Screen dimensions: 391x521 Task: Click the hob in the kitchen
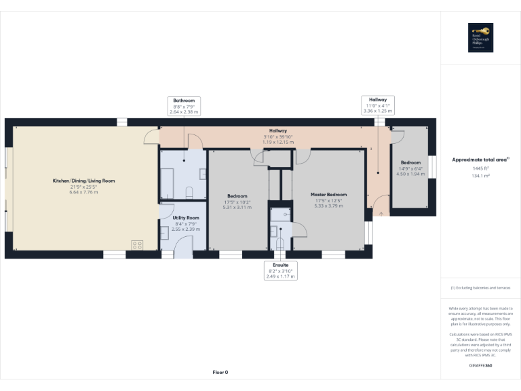pos(137,245)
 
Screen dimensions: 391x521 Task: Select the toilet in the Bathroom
pos(191,189)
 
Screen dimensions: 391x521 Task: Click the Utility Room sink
pos(165,231)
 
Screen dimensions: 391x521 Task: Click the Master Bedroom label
pos(328,194)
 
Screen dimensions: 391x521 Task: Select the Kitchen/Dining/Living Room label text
pos(84,181)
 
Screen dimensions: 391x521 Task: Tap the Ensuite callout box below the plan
pos(281,271)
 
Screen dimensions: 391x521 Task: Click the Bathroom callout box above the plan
pos(183,106)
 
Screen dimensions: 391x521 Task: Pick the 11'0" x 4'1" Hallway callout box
pos(377,105)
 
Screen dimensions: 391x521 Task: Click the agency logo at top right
pos(480,38)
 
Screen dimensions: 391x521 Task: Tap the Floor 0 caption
pos(220,373)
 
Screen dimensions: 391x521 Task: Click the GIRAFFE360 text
pos(480,366)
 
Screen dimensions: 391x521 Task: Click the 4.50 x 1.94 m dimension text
pos(410,174)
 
